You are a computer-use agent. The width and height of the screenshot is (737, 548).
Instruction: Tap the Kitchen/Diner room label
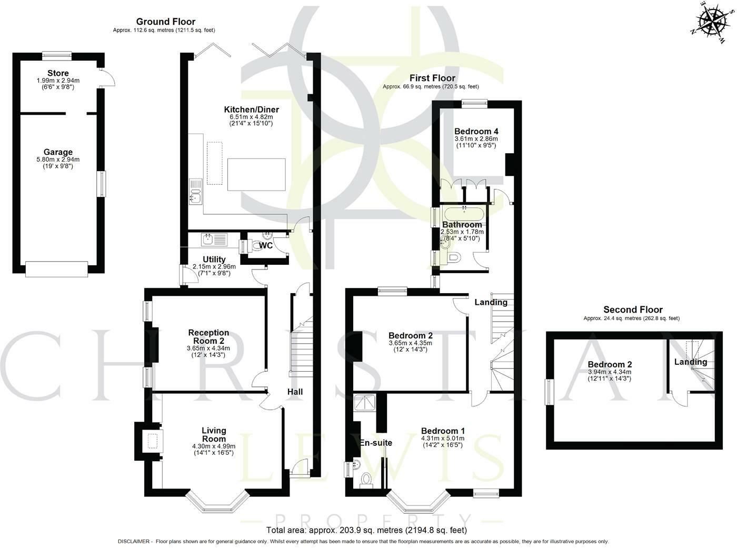point(252,109)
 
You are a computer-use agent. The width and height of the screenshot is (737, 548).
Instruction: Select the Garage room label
point(58,152)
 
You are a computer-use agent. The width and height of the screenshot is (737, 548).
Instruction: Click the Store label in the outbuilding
point(58,73)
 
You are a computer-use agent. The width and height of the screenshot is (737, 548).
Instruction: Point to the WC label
point(266,245)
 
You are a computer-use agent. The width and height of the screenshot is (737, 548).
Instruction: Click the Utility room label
point(214,260)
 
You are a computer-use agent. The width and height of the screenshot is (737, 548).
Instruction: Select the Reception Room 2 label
point(208,336)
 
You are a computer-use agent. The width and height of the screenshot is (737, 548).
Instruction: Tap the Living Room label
point(214,435)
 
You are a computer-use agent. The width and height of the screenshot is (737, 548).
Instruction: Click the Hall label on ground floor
point(295,392)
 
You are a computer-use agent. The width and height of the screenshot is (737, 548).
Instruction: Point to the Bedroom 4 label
point(476,131)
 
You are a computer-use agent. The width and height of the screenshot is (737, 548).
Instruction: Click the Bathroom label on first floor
point(462,225)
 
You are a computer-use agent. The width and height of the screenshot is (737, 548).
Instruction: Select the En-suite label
point(376,443)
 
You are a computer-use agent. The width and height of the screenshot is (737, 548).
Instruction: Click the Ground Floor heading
point(165,22)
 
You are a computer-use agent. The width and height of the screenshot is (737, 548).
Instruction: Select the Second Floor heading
point(633,310)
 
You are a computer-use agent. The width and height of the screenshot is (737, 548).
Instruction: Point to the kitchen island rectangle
point(256,174)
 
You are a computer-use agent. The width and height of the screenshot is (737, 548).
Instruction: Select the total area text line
point(366,530)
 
